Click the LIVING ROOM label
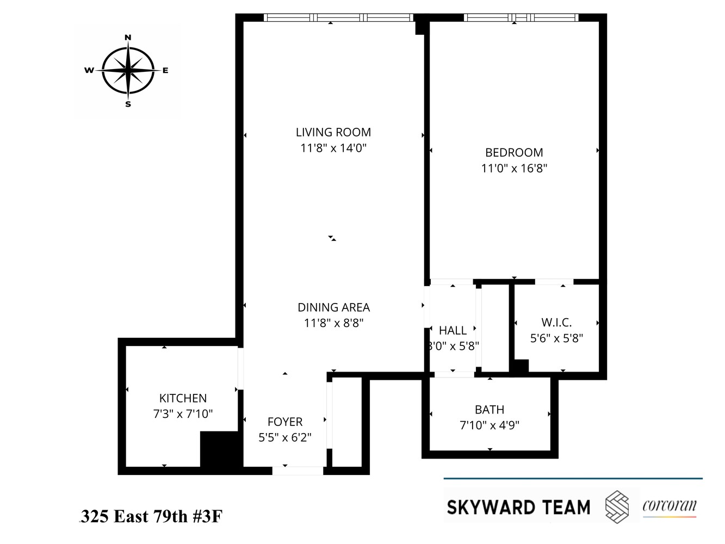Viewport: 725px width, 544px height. tap(333, 132)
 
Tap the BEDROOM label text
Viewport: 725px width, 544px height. tap(514, 153)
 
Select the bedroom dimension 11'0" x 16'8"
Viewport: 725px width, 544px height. tap(514, 169)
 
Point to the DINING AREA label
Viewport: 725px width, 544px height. tap(333, 307)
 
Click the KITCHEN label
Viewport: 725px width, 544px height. tap(183, 398)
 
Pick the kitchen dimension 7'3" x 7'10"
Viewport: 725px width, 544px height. tap(183, 414)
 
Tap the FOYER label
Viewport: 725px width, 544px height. tap(285, 422)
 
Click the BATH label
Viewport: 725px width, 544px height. tap(489, 410)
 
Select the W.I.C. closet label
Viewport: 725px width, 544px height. tap(556, 323)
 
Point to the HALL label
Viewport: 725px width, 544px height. tap(453, 331)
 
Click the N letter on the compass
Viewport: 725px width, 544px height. tap(128, 38)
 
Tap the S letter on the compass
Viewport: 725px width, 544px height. tap(128, 104)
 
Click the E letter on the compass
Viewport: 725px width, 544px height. tap(165, 70)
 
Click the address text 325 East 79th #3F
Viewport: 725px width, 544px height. tap(151, 516)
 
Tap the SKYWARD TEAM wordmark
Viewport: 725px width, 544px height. tap(518, 508)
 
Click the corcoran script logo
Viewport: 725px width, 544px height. tap(669, 505)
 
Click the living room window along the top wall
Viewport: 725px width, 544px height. tap(338, 17)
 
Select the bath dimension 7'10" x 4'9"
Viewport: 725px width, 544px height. tap(489, 425)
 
